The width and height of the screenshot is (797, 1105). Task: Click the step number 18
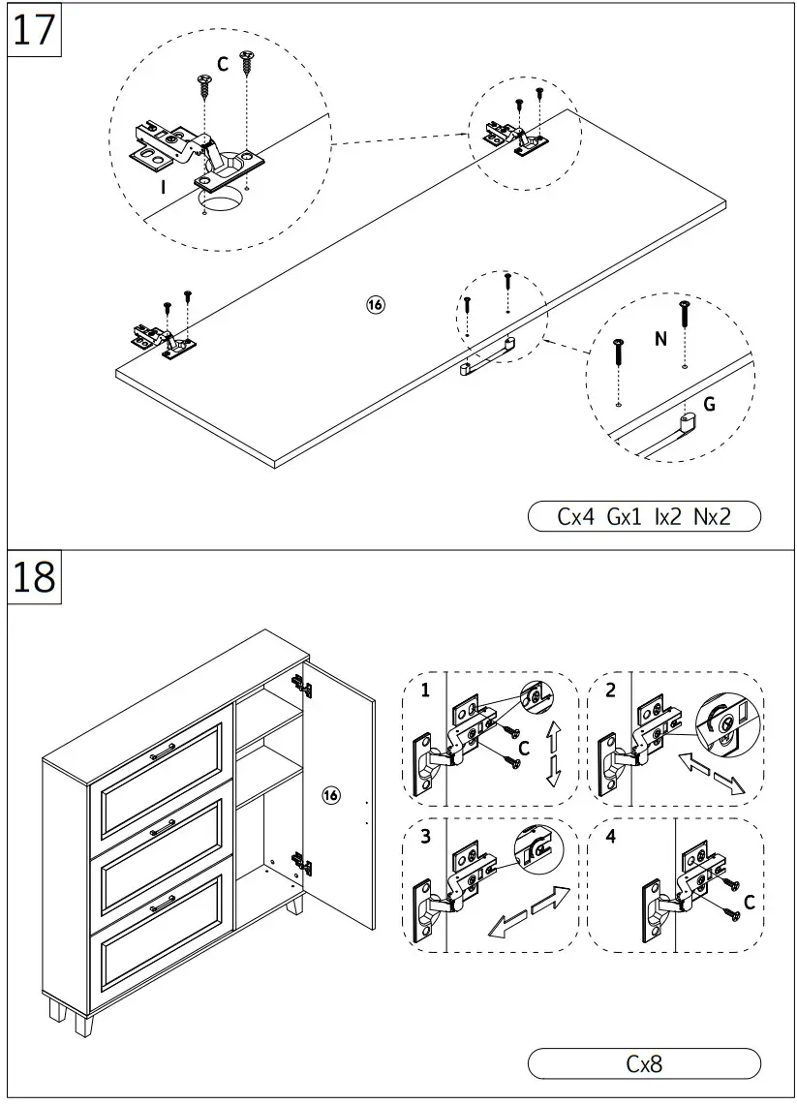35,577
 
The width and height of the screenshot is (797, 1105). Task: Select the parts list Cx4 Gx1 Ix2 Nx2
644,516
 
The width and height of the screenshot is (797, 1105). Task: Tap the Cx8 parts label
644,1063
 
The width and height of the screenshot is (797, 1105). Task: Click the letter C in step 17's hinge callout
223,65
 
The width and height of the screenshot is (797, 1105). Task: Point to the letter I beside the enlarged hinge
164,188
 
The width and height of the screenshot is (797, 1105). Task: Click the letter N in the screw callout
660,339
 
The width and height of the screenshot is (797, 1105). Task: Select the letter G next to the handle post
710,405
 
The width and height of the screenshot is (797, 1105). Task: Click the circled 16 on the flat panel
375,305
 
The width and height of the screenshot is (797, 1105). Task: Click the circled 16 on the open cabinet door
331,795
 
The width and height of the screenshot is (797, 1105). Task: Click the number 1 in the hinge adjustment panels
425,691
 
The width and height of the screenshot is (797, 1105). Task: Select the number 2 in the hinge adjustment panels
610,691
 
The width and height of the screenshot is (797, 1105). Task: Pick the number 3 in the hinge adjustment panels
425,838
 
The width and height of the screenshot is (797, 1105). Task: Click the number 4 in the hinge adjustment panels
610,838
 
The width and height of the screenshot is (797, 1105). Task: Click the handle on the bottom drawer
162,903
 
